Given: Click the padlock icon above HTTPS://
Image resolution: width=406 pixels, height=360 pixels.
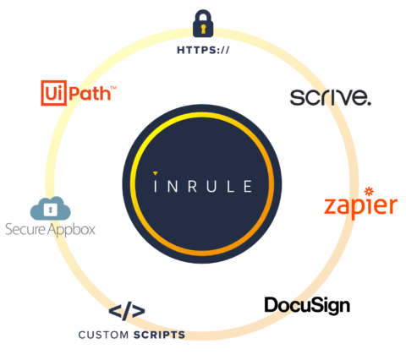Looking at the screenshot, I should tap(202, 23).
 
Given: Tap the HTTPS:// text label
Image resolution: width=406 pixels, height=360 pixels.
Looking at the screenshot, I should tap(202, 49).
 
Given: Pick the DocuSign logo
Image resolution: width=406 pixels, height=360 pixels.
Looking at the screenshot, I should tap(307, 304).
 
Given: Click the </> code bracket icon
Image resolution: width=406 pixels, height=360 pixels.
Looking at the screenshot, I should tap(128, 313).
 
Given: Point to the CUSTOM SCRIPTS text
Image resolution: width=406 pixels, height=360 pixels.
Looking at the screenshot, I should tap(131, 335).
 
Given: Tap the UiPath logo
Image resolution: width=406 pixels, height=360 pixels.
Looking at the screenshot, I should tap(76, 90).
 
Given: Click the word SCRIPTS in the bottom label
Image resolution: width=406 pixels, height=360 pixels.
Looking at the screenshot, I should tap(157, 335).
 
